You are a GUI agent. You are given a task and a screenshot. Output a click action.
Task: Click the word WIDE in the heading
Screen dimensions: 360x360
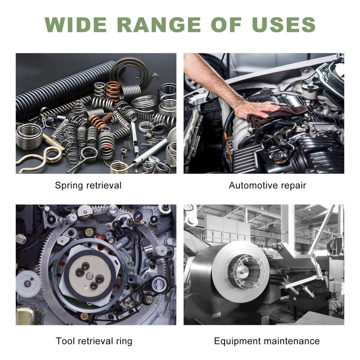click(76, 24)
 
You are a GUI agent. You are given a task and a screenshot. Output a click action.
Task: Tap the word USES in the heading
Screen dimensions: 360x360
click(283, 24)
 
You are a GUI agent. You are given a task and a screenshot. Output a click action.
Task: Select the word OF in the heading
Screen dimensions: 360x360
click(226, 24)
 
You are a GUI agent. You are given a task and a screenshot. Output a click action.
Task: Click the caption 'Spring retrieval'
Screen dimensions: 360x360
click(88, 185)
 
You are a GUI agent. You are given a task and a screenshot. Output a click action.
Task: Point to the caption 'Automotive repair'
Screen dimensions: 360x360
click(267, 185)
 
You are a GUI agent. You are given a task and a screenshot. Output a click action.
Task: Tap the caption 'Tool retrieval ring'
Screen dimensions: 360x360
click(94, 341)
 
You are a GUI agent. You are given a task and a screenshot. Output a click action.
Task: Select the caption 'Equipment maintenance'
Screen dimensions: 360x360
click(267, 341)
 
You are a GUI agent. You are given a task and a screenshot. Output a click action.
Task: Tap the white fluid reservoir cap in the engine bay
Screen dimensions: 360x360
click(310, 87)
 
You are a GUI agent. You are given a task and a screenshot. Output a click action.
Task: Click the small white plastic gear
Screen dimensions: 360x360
click(28, 284)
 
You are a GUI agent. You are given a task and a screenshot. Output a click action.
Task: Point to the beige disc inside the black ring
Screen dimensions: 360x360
click(90, 273)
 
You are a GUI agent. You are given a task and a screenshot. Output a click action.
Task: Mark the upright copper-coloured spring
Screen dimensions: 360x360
click(113, 91)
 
